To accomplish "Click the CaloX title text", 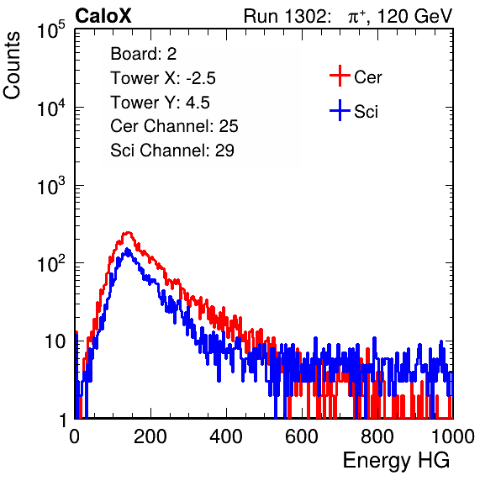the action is click(x=103, y=16).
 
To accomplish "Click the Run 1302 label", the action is click(x=287, y=16).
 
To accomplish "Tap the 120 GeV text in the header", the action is click(x=414, y=16).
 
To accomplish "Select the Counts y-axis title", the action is click(x=12, y=66).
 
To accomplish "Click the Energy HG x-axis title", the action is click(x=396, y=461).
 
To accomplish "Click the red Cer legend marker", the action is click(x=340, y=76).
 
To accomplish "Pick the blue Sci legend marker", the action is click(x=340, y=110).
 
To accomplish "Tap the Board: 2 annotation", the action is click(x=144, y=54).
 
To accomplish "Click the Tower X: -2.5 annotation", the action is click(x=163, y=78).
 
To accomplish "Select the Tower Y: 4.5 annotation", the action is click(x=160, y=103).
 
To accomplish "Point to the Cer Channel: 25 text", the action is click(x=174, y=126).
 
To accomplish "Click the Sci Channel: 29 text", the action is click(x=172, y=151).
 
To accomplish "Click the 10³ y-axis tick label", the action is click(x=51, y=186).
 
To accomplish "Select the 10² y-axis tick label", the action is click(x=51, y=264).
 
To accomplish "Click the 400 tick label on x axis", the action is click(x=226, y=436).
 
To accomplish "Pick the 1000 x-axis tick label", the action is click(x=453, y=436).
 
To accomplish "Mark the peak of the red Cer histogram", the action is click(x=128, y=233).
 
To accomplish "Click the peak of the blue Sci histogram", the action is click(x=127, y=249).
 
